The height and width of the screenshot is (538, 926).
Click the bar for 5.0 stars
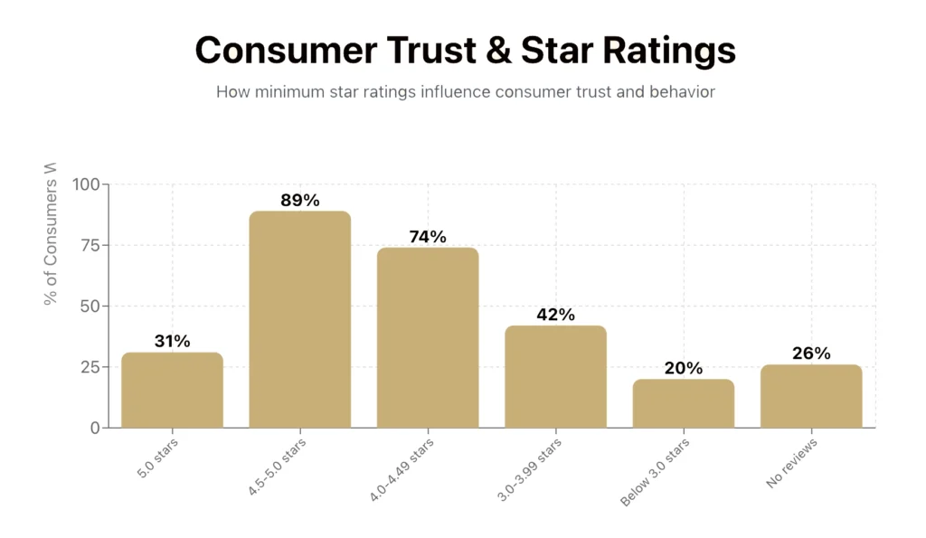point(172,390)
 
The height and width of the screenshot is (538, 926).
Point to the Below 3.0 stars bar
point(683,403)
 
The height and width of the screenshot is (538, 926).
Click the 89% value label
point(299,201)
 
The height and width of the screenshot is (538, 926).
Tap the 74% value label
point(428,237)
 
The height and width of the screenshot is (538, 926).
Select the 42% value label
point(555,315)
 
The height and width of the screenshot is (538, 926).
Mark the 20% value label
point(683,368)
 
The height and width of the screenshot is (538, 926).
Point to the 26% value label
point(811,354)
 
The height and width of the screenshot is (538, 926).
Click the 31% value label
point(172,341)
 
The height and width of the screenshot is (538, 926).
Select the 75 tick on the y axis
point(90,245)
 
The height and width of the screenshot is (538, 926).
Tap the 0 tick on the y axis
point(95,428)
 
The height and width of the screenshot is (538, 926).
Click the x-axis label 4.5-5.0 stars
point(278,467)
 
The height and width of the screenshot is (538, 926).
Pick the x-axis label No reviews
point(792,463)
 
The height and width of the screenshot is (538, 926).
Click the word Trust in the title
point(419,51)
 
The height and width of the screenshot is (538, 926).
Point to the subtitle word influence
point(458,92)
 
